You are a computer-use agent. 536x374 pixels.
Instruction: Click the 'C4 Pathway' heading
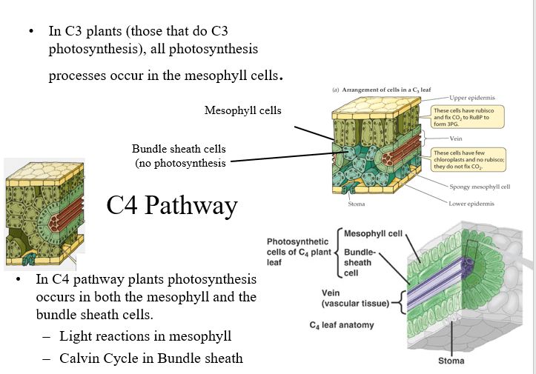click(171, 205)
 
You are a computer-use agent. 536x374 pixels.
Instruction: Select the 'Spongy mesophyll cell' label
click(480, 186)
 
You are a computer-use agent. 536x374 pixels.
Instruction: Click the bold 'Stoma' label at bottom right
click(451, 361)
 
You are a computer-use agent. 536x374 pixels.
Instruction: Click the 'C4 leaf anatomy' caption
click(342, 324)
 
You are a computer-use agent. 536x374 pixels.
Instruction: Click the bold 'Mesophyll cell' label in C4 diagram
click(373, 234)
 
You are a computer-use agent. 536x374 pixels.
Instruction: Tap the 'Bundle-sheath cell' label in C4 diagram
click(361, 262)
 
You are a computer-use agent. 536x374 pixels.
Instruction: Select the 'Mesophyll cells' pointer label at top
click(243, 111)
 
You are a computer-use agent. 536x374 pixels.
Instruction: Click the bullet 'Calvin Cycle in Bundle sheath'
click(150, 358)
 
